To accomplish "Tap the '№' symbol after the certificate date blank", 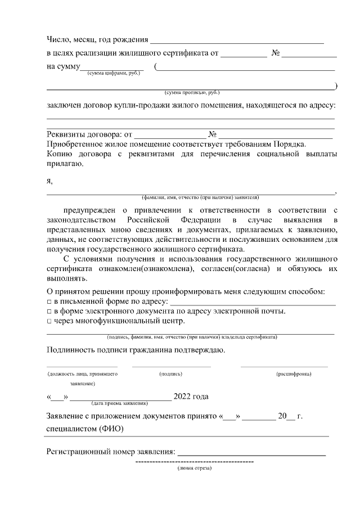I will click(x=276, y=53).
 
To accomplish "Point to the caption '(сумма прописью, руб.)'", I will click(x=191, y=92).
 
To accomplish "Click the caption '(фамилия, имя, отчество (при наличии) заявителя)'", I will click(x=200, y=198).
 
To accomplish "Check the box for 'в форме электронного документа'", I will click(x=49, y=312).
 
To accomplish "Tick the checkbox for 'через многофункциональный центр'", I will click(x=49, y=321).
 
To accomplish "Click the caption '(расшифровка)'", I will click(x=293, y=373).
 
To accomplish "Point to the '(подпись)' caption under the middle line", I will click(x=171, y=373).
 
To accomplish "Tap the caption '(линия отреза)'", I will click(x=194, y=467).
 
